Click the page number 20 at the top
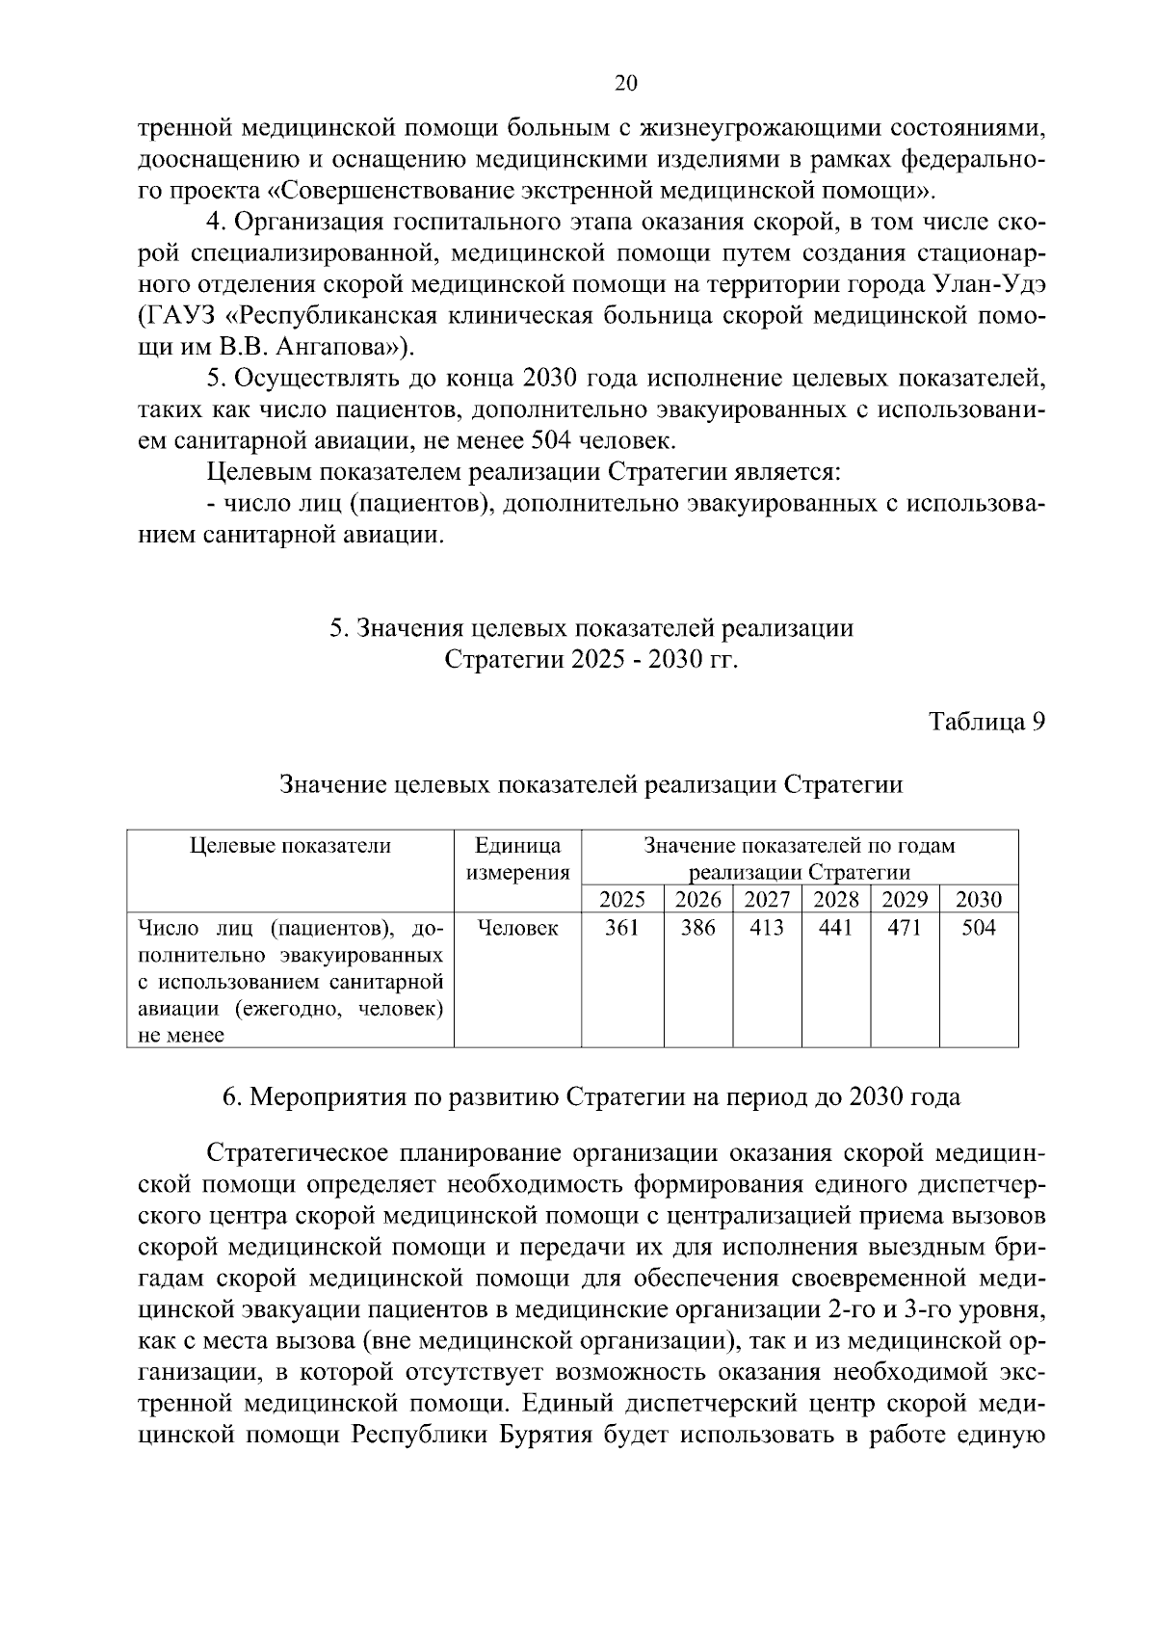(x=625, y=84)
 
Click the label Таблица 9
(x=986, y=722)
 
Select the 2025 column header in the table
(x=622, y=900)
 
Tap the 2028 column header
(x=836, y=900)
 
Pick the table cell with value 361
(x=622, y=928)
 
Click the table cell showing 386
(x=698, y=928)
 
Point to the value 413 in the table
(x=767, y=928)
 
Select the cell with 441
(x=836, y=928)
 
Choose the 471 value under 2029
(x=905, y=928)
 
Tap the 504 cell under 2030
(x=979, y=928)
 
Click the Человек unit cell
(x=517, y=928)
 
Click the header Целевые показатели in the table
(x=290, y=846)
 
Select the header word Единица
(x=517, y=846)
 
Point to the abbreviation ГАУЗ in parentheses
(x=180, y=315)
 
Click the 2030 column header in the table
(x=979, y=900)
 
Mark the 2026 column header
(x=698, y=900)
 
